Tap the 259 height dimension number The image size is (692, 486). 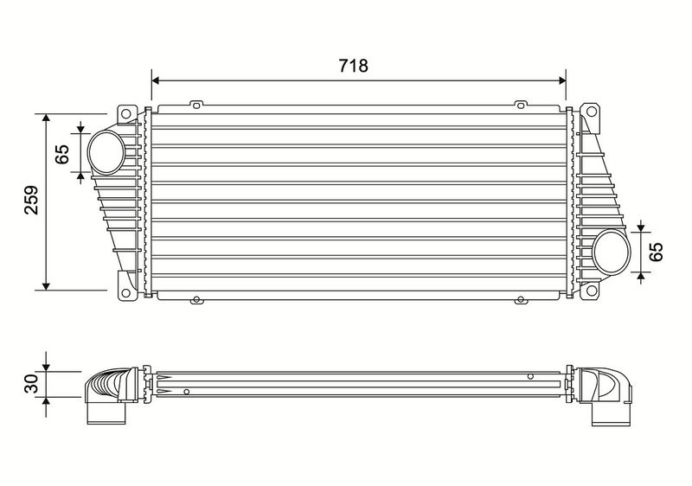30,200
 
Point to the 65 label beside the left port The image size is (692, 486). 62,154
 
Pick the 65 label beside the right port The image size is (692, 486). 656,251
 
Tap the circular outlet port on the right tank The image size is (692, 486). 612,252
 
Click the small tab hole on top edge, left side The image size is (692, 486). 196,106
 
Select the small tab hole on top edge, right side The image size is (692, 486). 520,106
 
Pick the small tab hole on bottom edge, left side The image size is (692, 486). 196,301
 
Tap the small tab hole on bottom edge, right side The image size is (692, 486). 520,301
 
